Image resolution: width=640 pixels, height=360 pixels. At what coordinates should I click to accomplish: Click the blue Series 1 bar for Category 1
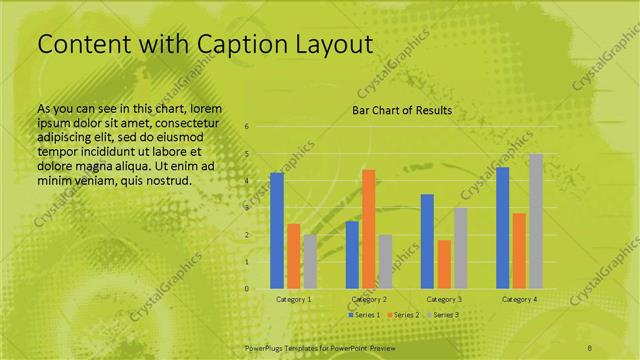277,230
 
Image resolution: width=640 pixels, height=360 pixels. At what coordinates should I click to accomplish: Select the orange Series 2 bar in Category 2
369,229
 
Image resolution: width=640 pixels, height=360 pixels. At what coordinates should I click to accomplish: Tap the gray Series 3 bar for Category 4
536,221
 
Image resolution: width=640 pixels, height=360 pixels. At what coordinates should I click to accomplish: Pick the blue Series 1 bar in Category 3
427,241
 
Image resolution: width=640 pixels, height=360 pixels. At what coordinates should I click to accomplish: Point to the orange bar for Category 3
444,264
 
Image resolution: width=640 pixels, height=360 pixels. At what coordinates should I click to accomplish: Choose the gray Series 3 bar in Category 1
310,261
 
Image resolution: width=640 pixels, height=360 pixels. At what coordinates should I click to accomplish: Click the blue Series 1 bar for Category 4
503,227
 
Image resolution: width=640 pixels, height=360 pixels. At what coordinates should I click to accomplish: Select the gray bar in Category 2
385,261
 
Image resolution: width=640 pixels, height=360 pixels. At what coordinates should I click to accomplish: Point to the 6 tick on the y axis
247,127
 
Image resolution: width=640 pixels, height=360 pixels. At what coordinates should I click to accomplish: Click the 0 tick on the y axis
247,289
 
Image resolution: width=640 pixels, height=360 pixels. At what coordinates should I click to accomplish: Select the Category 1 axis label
293,299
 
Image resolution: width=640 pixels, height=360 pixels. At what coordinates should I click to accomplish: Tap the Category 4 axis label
519,299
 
